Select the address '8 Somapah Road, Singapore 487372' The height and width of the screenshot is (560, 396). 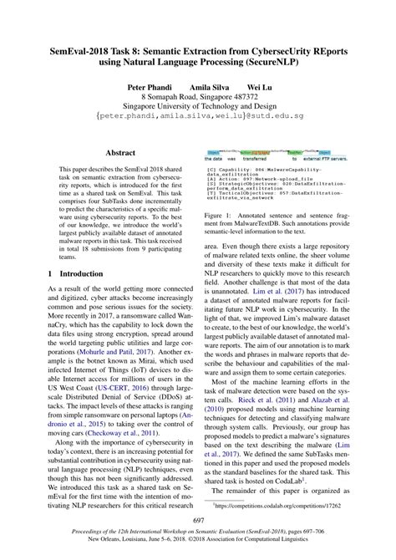pyautogui.click(x=197, y=97)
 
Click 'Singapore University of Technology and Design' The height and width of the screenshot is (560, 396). pyautogui.click(x=197, y=107)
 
